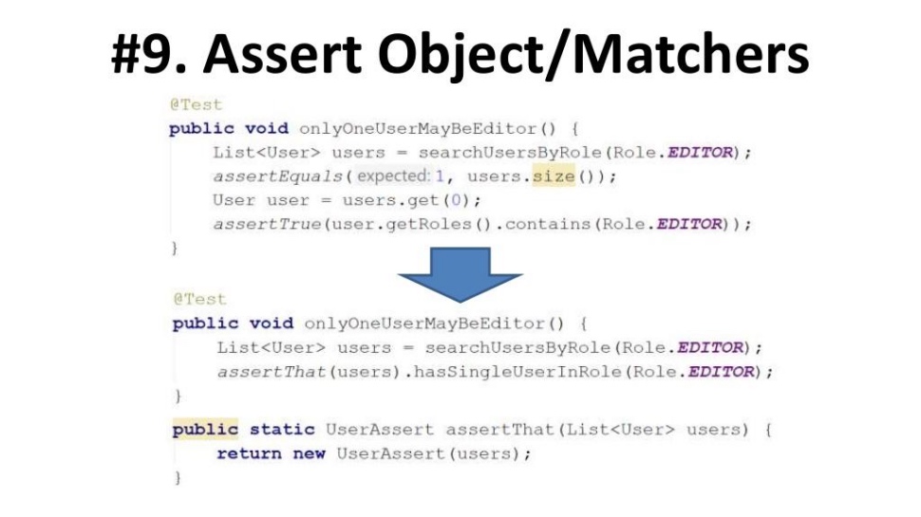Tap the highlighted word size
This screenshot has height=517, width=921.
click(554, 176)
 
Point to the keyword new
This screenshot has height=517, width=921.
click(309, 454)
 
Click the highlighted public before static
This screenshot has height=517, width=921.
click(205, 430)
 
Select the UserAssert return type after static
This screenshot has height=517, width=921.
click(379, 430)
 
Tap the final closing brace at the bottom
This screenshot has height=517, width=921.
click(177, 478)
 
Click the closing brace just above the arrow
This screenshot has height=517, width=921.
click(174, 249)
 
